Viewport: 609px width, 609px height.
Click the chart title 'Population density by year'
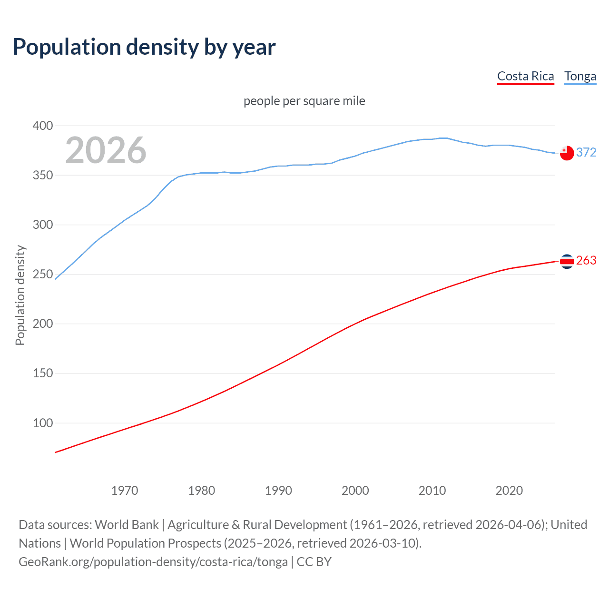144,47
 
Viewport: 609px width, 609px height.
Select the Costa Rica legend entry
525,76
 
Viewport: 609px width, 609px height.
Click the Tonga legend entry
580,76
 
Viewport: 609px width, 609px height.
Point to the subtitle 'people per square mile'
304,101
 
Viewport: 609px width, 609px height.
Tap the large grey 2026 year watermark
106,150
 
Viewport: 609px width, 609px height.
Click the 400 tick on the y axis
43,126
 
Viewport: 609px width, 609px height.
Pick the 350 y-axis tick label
43,176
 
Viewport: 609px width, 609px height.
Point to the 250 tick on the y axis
43,275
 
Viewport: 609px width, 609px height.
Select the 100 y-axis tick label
43,423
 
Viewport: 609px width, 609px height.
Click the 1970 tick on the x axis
125,491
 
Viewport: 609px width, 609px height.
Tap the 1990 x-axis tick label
278,491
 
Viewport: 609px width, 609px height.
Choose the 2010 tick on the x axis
432,491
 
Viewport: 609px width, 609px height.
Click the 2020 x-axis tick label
509,491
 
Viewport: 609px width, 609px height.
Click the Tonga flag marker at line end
567,153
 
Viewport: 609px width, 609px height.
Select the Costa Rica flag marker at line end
567,261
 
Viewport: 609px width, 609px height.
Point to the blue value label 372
586,152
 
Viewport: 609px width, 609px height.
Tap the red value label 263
586,261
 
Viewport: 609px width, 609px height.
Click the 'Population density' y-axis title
20,295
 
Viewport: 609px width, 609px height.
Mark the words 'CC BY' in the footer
314,562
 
